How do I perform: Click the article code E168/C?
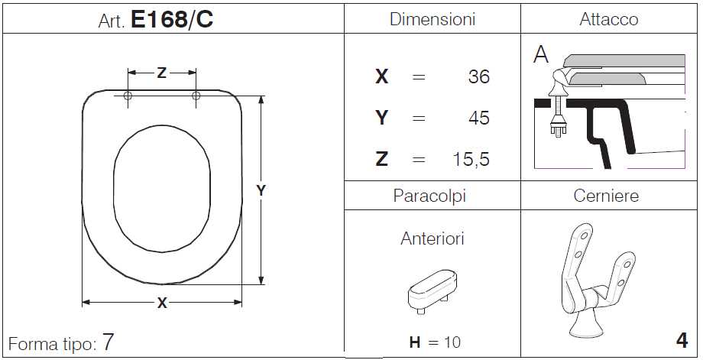[172, 19]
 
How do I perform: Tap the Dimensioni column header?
[432, 19]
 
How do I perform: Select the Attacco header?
[608, 19]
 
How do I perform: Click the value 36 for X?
[479, 77]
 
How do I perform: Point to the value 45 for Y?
[479, 118]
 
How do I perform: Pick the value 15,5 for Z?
[471, 160]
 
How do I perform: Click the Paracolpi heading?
[429, 196]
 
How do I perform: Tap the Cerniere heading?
[606, 196]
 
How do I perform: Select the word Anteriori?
[432, 238]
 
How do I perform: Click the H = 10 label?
[435, 342]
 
